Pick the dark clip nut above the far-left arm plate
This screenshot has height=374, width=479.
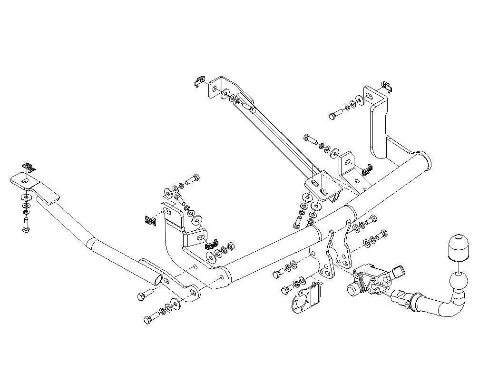click(28, 167)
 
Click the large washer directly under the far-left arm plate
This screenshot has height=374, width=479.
click(25, 196)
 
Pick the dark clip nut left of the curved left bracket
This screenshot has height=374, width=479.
click(150, 220)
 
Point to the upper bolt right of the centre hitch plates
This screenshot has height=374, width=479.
click(372, 220)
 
